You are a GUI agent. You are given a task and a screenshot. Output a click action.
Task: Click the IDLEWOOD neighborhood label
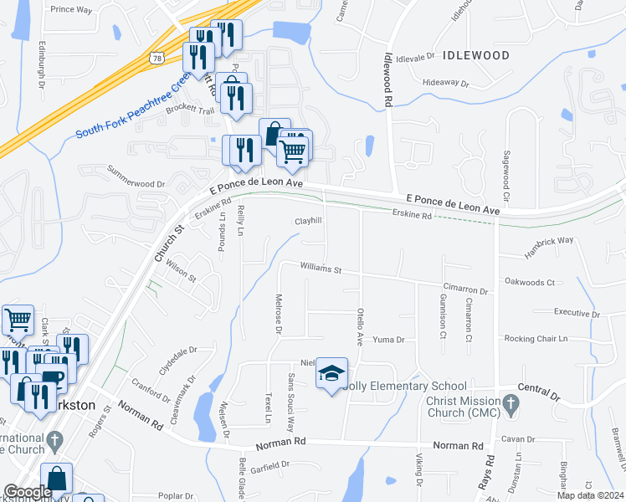(x=476, y=55)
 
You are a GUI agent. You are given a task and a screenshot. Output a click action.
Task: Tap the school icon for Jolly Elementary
(x=331, y=373)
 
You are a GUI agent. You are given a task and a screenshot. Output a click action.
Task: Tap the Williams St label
(x=322, y=269)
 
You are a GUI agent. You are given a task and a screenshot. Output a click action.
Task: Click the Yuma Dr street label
(x=388, y=340)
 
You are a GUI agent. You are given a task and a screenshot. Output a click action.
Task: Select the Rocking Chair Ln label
(x=536, y=339)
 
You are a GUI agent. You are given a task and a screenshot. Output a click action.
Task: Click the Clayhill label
(x=308, y=222)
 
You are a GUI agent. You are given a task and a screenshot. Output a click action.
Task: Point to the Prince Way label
(x=71, y=9)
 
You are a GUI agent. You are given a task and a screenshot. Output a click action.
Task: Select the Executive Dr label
(x=577, y=312)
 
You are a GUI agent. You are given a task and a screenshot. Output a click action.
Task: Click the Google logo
(x=27, y=491)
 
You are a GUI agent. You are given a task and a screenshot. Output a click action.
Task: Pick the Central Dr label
(x=538, y=390)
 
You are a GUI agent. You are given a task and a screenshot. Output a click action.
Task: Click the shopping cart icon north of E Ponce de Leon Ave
(x=292, y=151)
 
